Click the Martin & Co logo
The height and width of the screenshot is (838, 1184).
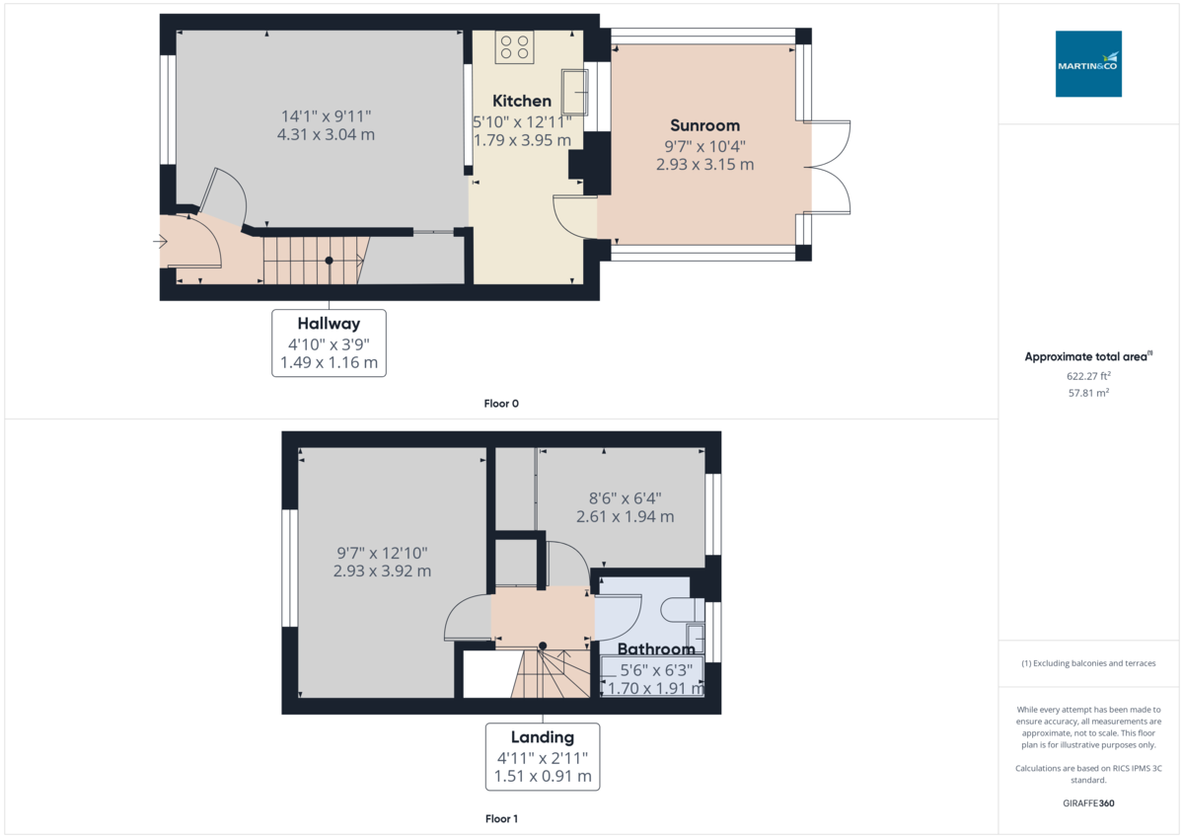coord(1088,64)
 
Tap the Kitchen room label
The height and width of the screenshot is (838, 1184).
coord(522,101)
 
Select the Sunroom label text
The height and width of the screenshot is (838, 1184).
coord(704,125)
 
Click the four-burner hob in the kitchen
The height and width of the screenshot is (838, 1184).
coord(514,46)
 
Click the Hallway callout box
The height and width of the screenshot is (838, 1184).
coord(329,343)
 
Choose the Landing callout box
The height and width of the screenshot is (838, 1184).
coord(542,756)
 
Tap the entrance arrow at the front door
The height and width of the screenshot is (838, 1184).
coord(160,241)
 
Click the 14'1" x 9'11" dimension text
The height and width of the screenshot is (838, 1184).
coord(328,115)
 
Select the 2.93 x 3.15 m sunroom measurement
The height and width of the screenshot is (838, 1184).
coord(704,165)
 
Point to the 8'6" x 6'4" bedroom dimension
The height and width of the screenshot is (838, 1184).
coord(625,497)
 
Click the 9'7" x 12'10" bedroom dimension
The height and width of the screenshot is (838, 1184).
coord(382,553)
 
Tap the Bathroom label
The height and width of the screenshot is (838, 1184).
coord(656,649)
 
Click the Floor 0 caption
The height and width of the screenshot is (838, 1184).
coord(501,404)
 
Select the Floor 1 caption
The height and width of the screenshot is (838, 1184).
coord(501,819)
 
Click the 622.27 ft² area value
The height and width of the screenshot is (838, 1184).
coord(1088,376)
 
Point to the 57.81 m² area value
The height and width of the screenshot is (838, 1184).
coord(1088,393)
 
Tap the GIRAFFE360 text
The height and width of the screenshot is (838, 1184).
coord(1088,803)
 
